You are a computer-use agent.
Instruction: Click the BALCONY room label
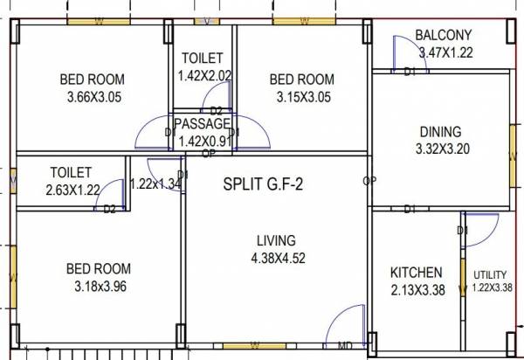[x=443, y=35]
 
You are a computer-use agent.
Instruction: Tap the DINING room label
[x=440, y=132]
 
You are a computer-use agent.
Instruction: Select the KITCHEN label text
[x=416, y=273]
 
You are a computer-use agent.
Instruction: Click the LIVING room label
[x=276, y=240]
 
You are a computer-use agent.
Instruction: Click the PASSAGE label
[x=202, y=123]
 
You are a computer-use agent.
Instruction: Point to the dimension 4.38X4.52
[x=276, y=258]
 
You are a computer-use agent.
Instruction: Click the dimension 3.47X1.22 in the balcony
[x=445, y=52]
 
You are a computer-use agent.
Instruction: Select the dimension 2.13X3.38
[x=416, y=290]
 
